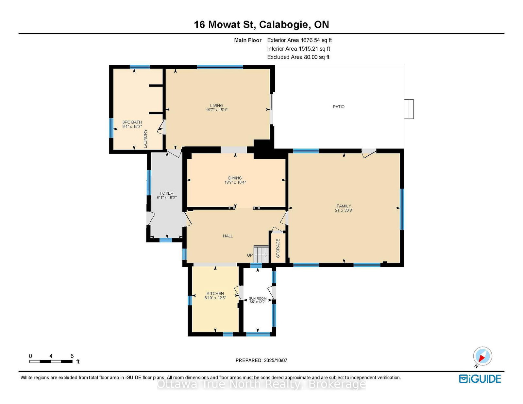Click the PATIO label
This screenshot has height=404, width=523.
(x=338, y=106)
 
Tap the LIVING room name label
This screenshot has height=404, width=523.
(x=216, y=105)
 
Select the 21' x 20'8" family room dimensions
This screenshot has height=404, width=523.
(x=344, y=210)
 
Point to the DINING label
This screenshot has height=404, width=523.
(x=235, y=178)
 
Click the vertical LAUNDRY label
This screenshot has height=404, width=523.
(x=145, y=138)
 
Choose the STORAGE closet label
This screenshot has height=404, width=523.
(x=278, y=248)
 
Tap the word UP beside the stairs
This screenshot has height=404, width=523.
(x=250, y=255)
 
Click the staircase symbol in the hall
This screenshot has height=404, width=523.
(x=261, y=254)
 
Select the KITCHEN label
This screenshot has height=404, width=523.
(x=215, y=293)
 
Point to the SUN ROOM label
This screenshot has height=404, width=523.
(x=258, y=299)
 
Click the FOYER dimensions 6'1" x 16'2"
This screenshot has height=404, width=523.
(x=167, y=198)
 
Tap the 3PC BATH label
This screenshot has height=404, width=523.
(x=132, y=122)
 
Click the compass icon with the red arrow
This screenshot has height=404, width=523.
(x=482, y=356)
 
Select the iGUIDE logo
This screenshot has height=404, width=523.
(x=480, y=379)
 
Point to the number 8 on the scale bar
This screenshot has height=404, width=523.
(x=72, y=356)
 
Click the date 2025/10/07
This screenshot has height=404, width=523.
(x=275, y=360)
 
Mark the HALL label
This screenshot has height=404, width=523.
(x=228, y=236)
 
